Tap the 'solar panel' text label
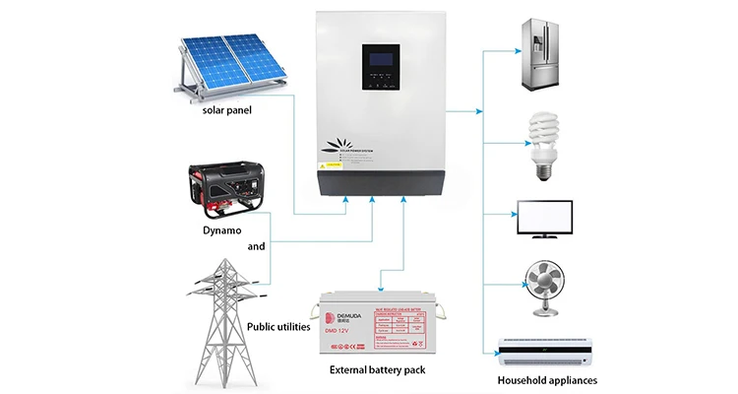(x=227, y=109)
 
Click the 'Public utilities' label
(x=278, y=326)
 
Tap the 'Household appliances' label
(x=546, y=379)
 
